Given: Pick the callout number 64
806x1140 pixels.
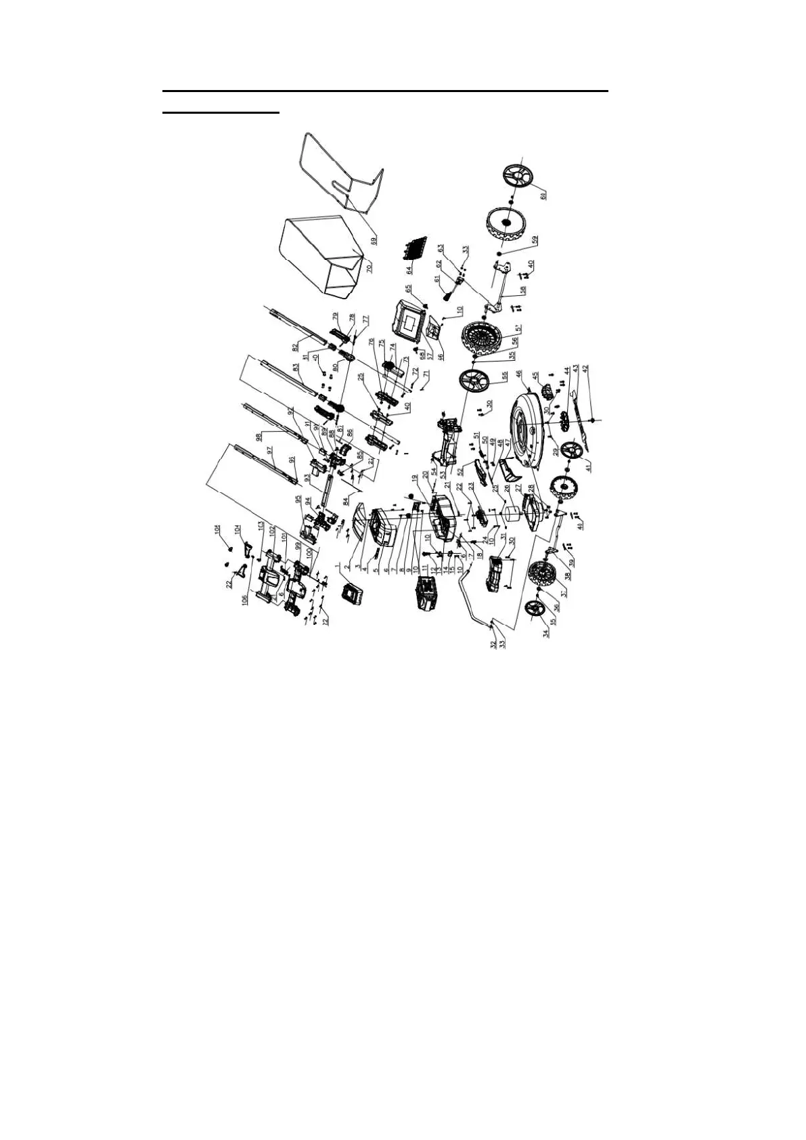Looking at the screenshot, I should [409, 269].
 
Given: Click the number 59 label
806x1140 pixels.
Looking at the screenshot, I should [534, 240].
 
